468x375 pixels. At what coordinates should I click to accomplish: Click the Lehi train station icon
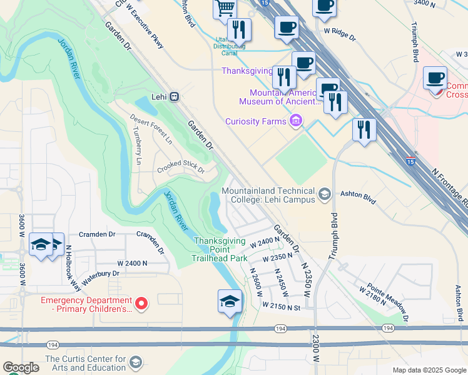[174, 97]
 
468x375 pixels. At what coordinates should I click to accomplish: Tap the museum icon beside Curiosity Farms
[296, 121]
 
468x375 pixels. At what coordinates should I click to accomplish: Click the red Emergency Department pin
[142, 304]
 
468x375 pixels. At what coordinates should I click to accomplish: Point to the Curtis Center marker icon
[136, 362]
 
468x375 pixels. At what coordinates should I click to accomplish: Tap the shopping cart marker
[225, 9]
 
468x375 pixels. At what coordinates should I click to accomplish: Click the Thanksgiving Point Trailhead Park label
[220, 249]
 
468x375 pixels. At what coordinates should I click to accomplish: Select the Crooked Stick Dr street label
[180, 166]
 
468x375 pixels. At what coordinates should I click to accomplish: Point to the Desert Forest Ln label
[151, 129]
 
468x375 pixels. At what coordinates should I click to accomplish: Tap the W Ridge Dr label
[339, 34]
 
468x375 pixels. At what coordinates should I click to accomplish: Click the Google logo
[21, 367]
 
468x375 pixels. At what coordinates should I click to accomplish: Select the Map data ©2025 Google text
[429, 370]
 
